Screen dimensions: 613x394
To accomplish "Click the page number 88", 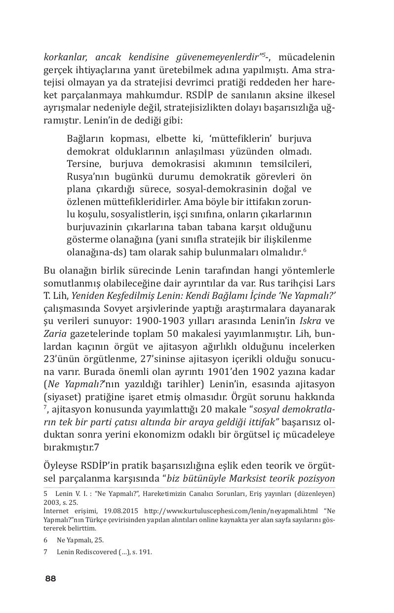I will tap(50, 578).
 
